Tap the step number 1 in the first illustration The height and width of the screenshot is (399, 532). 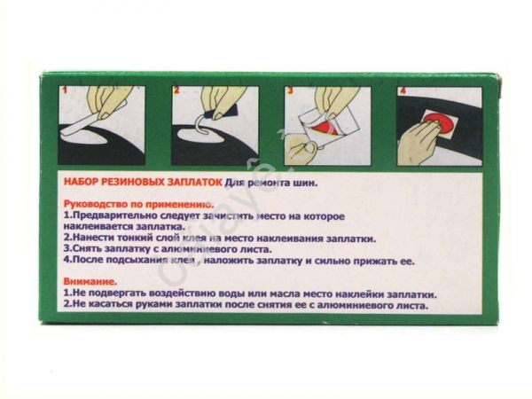click(x=66, y=90)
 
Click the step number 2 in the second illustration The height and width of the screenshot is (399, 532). click(x=176, y=90)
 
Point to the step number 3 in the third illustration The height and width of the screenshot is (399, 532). click(x=291, y=91)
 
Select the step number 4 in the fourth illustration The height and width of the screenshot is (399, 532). click(x=403, y=91)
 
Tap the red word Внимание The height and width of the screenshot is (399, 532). click(x=90, y=281)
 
